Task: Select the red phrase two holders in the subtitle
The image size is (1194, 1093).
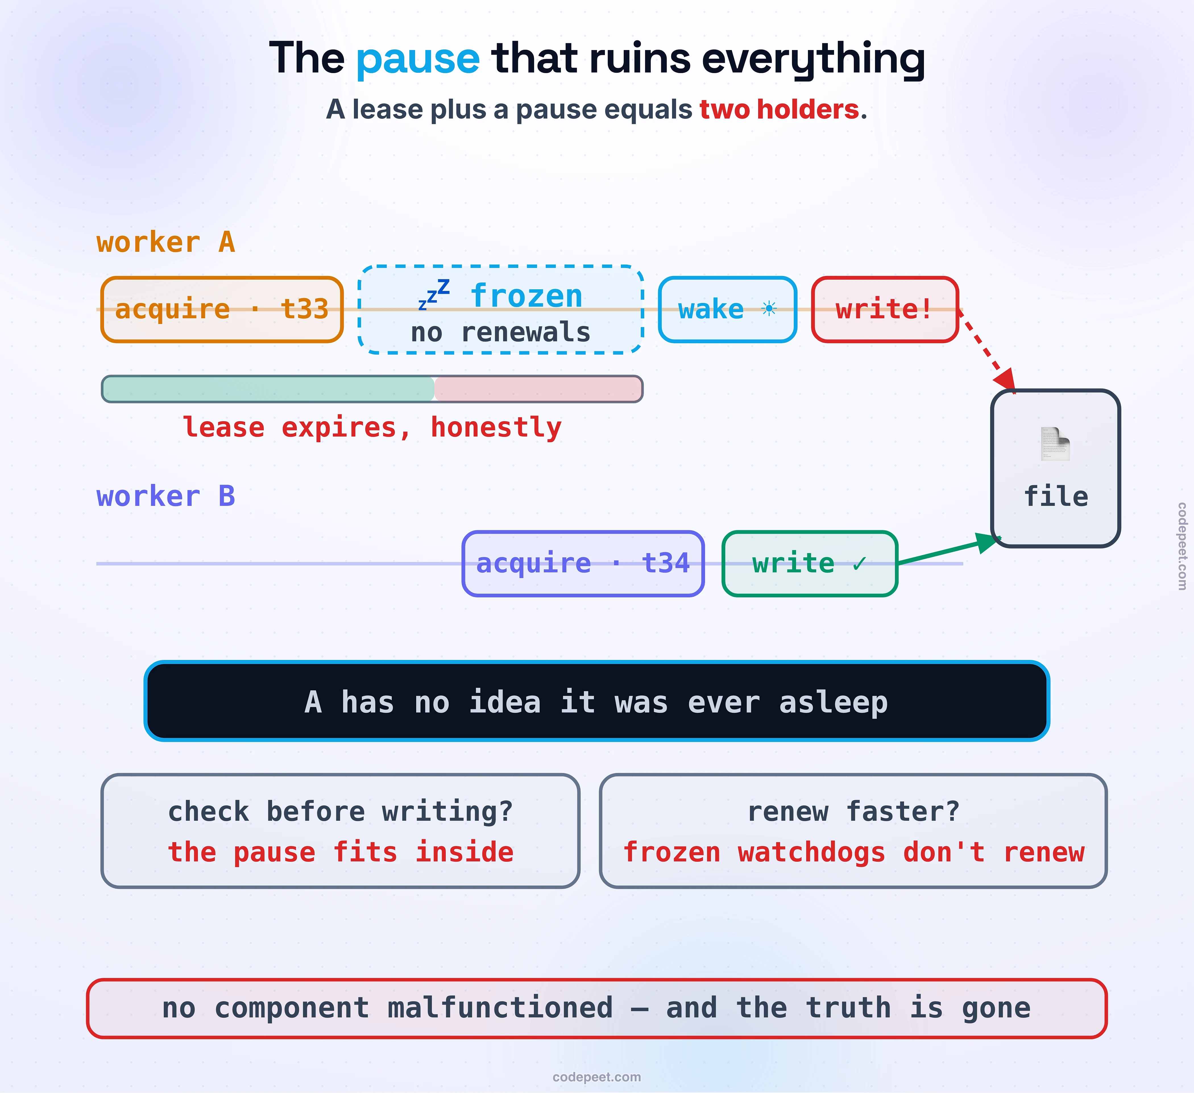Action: pos(779,109)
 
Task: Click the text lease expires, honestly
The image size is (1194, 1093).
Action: pos(372,427)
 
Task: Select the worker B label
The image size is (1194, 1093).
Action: pos(166,496)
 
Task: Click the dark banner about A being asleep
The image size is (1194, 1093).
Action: pos(596,701)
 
